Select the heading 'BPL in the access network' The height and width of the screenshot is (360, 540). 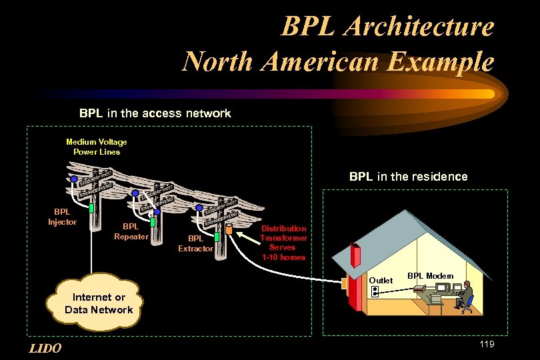click(155, 113)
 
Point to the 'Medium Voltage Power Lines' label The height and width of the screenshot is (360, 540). click(97, 147)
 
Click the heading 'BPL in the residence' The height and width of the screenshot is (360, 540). click(408, 177)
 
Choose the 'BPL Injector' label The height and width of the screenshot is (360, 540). click(62, 217)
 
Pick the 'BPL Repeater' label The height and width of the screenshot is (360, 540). click(131, 231)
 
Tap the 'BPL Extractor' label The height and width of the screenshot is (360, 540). click(195, 243)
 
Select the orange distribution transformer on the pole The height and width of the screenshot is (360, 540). click(229, 230)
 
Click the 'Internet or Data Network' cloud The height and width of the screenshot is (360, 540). click(99, 303)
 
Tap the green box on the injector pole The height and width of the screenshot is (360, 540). click(91, 208)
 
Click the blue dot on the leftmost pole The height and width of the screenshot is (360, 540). click(74, 179)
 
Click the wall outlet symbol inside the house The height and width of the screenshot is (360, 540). click(375, 291)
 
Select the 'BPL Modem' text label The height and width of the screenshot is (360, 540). click(430, 276)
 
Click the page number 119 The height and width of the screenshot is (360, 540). click(486, 344)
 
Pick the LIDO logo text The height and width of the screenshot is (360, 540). click(46, 348)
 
